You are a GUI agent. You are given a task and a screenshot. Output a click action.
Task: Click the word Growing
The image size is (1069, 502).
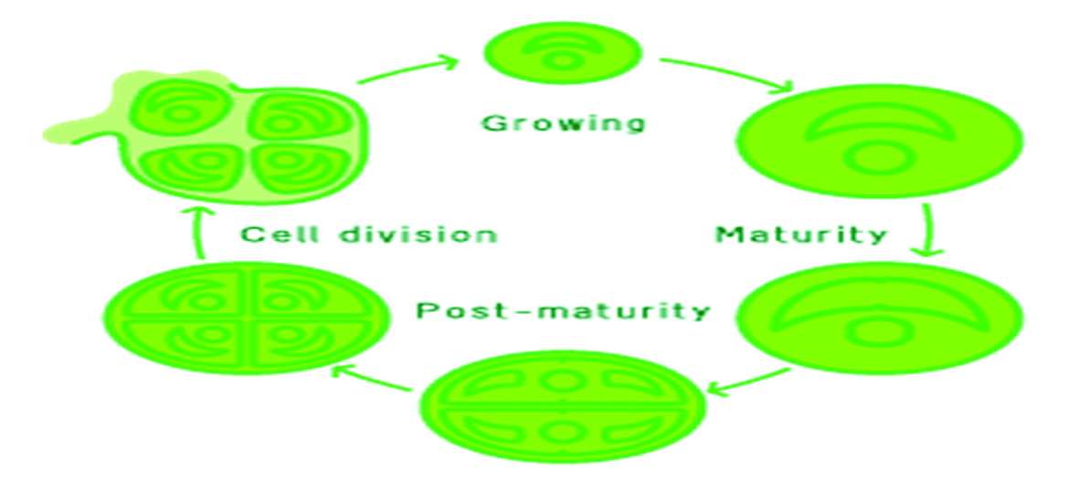[563, 121]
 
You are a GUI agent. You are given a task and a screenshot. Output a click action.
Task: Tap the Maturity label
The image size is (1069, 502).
[800, 234]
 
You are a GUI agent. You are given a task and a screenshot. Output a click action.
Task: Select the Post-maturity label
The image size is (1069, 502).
[563, 310]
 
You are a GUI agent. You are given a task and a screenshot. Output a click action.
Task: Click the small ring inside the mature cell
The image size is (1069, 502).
[878, 159]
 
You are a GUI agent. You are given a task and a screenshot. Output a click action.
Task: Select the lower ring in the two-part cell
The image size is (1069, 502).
[563, 430]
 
